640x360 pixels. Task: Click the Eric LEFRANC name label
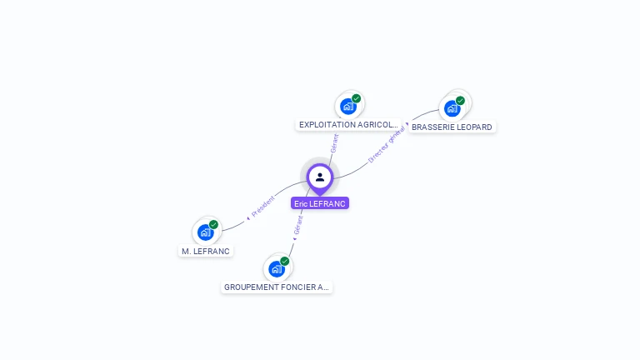(x=320, y=203)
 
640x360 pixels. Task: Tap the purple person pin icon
(x=320, y=177)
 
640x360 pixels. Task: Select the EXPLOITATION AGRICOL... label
(x=347, y=125)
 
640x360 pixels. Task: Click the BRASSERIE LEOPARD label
(x=452, y=127)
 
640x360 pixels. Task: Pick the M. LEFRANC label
(x=205, y=251)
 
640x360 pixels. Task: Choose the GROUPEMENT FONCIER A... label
(x=277, y=287)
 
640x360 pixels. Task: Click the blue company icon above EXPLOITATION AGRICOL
(x=348, y=106)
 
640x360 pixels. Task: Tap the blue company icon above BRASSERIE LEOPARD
(x=452, y=107)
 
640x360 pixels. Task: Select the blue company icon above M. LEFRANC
(x=205, y=232)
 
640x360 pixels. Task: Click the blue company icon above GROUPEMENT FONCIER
(x=276, y=268)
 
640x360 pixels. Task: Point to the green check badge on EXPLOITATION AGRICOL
(x=357, y=98)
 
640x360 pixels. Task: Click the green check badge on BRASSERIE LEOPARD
(x=460, y=100)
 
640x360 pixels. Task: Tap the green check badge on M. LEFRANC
(x=214, y=224)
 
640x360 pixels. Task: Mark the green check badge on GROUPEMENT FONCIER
(x=285, y=261)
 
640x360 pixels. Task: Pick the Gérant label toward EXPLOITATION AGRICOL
(x=334, y=143)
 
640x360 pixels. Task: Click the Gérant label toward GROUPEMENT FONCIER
(x=298, y=224)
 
